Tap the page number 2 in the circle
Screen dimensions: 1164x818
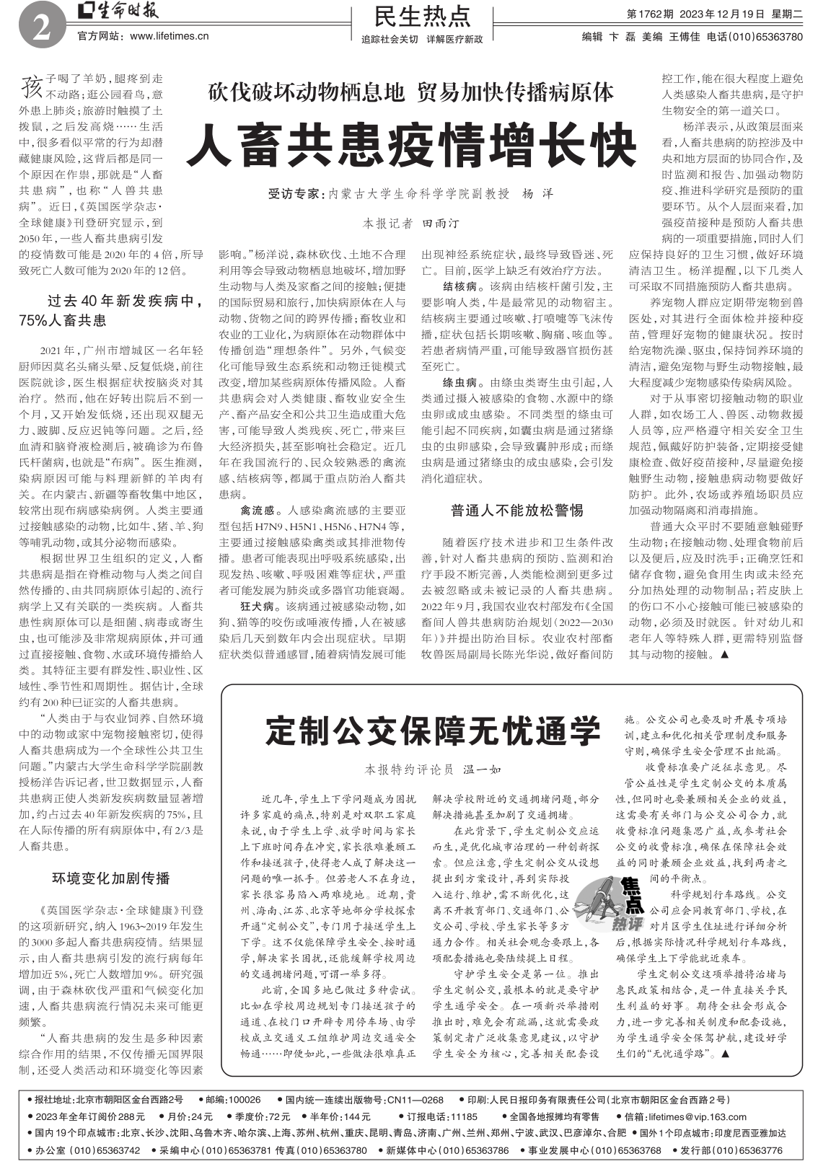point(39,28)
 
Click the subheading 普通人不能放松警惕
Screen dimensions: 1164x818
point(516,511)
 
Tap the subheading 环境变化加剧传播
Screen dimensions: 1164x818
point(111,878)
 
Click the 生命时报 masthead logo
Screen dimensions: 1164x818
point(120,12)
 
